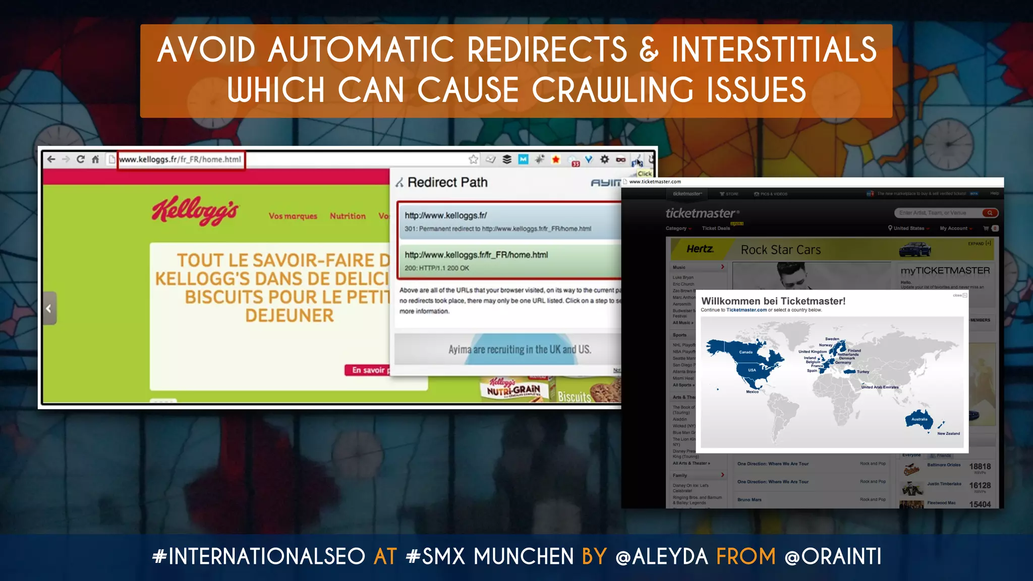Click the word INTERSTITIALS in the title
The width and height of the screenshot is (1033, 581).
(x=774, y=49)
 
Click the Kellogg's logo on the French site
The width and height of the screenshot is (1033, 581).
(x=195, y=210)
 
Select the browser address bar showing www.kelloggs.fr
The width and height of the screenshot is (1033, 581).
(x=181, y=159)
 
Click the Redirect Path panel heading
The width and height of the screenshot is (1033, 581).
(x=447, y=182)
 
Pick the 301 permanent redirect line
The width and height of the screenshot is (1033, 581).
(x=497, y=229)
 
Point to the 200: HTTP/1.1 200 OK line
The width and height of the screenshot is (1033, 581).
(x=437, y=268)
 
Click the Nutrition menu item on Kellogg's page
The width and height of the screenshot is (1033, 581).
(x=348, y=216)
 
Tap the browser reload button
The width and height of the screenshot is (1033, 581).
(x=80, y=159)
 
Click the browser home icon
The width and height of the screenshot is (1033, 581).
(x=95, y=159)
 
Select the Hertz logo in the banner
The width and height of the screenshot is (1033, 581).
(x=700, y=249)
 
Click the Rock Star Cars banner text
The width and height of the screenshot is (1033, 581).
(x=780, y=250)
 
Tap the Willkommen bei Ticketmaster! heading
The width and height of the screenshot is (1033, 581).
(x=773, y=301)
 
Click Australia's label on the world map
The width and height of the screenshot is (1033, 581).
(x=919, y=419)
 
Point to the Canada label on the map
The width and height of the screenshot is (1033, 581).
(x=745, y=352)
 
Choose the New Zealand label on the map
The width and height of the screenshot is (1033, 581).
(x=948, y=433)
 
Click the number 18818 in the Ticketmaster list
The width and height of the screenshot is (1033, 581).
(x=980, y=467)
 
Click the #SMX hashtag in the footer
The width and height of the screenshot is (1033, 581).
(x=435, y=557)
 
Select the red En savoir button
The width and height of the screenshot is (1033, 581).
(x=368, y=370)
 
